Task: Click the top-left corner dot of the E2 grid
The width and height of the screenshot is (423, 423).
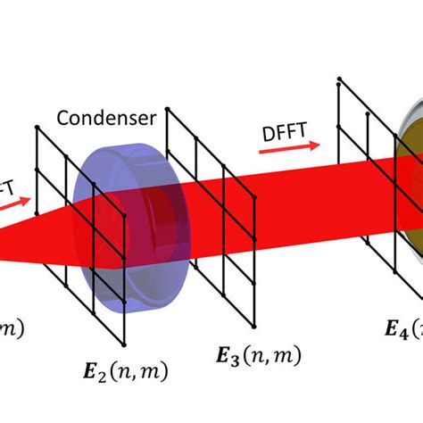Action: [37, 129]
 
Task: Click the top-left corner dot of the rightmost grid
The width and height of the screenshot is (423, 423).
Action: [339, 81]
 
